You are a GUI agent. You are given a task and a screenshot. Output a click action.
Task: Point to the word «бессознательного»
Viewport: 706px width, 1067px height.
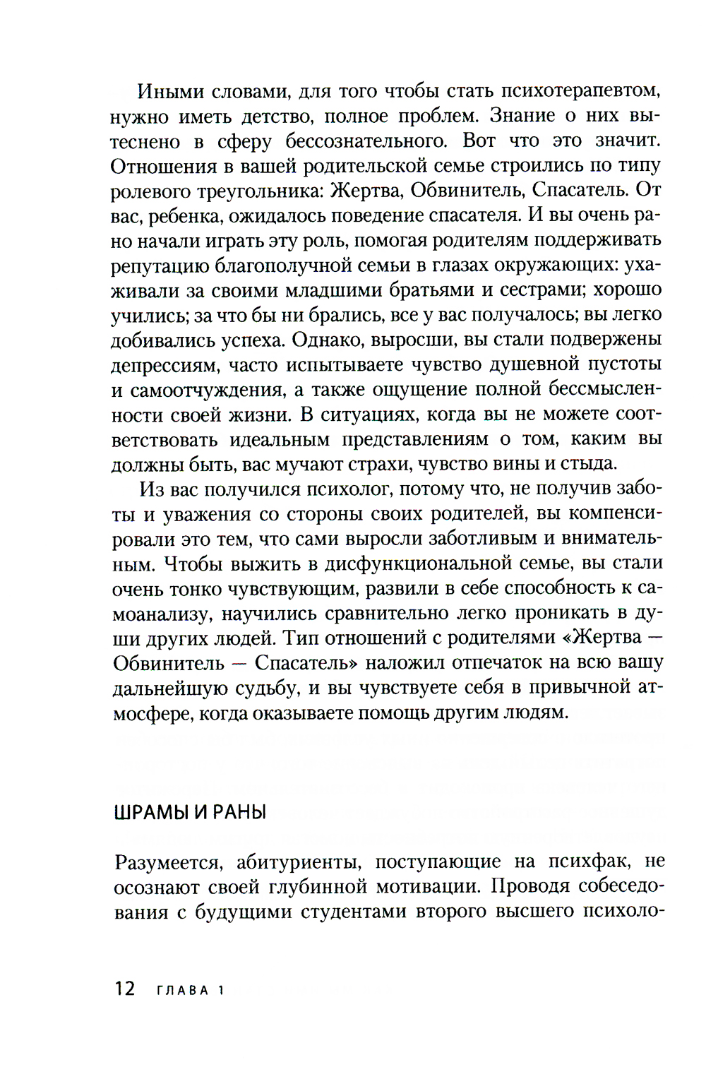(366, 141)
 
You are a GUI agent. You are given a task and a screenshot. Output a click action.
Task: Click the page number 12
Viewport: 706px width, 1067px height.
(124, 989)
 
